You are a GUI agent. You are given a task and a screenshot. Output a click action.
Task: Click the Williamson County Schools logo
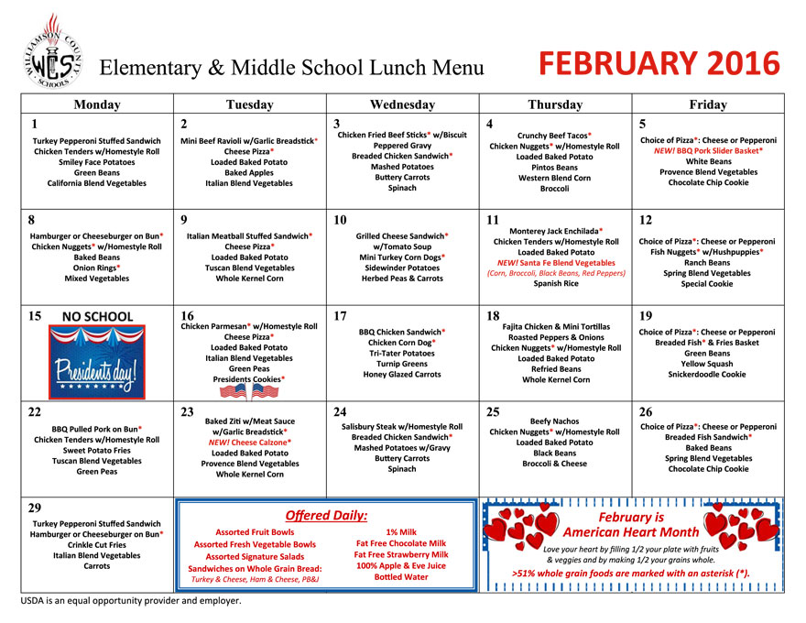48,51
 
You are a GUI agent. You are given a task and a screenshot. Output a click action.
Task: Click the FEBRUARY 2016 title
659,64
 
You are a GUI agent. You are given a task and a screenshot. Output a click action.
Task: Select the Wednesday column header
402,104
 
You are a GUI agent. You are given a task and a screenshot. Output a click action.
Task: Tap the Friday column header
707,104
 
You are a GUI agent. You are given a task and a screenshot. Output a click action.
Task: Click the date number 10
341,220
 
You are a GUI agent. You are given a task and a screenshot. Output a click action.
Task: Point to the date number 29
35,507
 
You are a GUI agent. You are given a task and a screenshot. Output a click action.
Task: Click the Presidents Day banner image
97,364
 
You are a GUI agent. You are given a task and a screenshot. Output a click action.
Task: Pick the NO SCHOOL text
97,317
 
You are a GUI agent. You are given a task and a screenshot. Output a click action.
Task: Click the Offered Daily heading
325,516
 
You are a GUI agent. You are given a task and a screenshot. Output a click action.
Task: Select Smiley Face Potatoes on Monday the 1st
96,161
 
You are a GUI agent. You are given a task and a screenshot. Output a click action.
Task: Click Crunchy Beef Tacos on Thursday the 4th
554,136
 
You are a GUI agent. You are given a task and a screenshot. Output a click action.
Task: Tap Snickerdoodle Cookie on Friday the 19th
707,374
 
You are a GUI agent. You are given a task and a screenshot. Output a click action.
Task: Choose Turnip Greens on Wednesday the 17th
401,364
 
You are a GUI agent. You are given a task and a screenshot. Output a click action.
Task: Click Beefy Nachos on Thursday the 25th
554,421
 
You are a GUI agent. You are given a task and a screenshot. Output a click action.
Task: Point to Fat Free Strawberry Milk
401,554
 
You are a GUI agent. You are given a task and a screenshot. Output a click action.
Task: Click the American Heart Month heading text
630,525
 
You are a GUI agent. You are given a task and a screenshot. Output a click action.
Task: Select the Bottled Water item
401,577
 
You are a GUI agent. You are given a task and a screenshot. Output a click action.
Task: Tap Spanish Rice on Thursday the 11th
555,283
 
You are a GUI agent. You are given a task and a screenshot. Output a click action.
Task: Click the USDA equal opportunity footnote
131,601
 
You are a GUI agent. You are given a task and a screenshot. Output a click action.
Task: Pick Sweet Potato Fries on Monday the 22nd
96,451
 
